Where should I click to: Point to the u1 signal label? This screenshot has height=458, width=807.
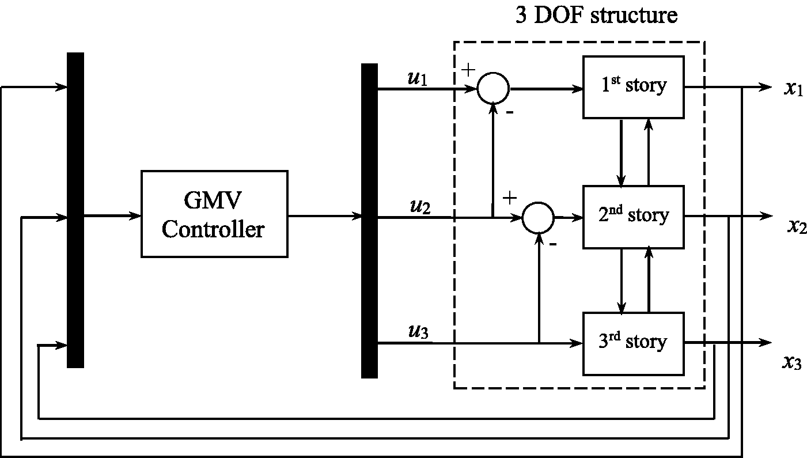click(x=418, y=78)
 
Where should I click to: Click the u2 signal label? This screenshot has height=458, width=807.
click(x=420, y=206)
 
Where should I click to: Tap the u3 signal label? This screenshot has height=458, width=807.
click(x=418, y=331)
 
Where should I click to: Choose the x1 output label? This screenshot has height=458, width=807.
click(x=794, y=88)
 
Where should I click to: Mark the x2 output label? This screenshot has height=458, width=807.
click(x=797, y=226)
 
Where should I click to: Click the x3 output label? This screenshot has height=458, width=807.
click(x=792, y=362)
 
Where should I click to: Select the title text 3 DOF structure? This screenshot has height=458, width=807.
click(x=597, y=15)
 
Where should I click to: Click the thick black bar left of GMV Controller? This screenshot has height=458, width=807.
click(x=75, y=210)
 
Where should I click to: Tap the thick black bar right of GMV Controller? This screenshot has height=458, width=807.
click(x=369, y=221)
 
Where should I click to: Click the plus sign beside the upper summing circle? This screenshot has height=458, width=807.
click(x=468, y=70)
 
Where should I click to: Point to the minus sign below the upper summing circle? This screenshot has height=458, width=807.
click(x=510, y=112)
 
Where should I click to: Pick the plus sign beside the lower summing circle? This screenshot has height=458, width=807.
click(x=509, y=198)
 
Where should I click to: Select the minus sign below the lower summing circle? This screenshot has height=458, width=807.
click(x=552, y=245)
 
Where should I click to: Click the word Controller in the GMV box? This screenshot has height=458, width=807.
click(x=213, y=229)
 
